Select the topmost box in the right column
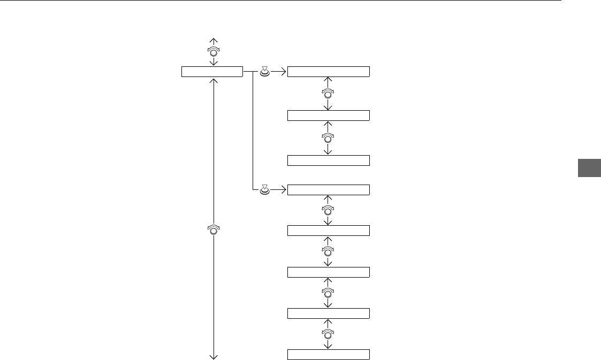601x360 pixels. point(328,72)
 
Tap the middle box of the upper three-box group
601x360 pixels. point(328,116)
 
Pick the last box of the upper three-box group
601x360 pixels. point(328,160)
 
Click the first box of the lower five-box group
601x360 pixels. point(328,190)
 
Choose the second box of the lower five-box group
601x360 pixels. point(328,231)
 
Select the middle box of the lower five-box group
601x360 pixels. point(328,272)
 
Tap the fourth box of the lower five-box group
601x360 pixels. point(328,313)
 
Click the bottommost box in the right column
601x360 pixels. point(328,354)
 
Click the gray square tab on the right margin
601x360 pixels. point(589,168)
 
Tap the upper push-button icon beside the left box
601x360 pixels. point(264,72)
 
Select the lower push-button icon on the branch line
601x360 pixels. point(264,189)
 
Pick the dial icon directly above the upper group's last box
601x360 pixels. point(328,138)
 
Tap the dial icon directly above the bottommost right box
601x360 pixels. point(328,334)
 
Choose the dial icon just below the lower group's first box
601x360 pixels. point(328,210)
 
